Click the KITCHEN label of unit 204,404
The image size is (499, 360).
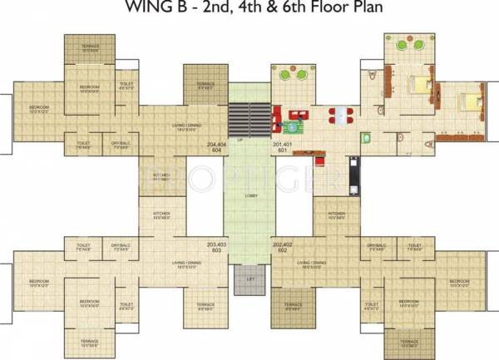coord(161,175)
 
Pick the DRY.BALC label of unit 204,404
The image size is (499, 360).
coord(119,144)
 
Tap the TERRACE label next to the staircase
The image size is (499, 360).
coord(205,85)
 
